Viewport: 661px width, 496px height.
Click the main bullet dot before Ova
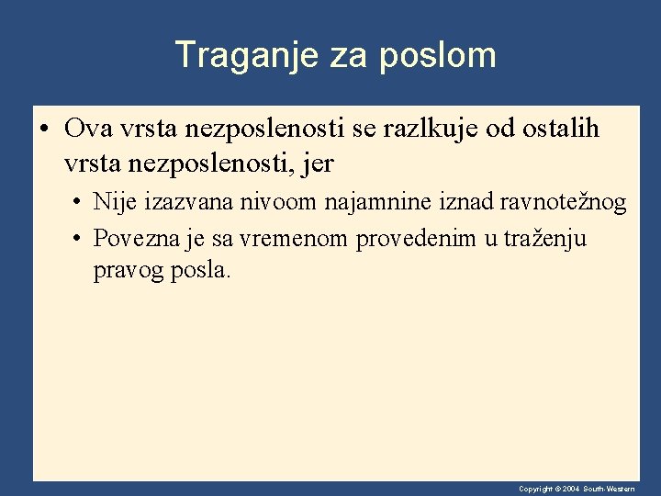tap(45, 130)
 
